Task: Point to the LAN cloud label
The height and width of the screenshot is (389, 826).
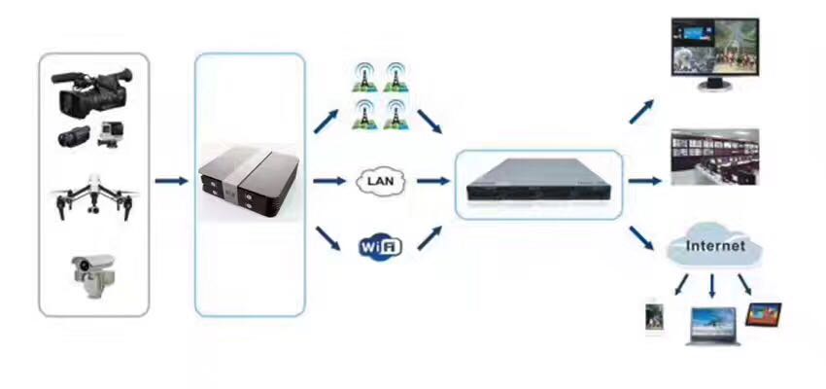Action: [x=380, y=181]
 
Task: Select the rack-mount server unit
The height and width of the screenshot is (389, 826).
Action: [x=537, y=184]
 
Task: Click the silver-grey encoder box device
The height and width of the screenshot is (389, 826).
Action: [x=249, y=183]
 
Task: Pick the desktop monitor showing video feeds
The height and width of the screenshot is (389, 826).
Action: [x=713, y=55]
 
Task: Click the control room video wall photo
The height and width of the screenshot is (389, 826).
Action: [x=714, y=158]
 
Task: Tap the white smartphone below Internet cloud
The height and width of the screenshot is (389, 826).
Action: [x=654, y=319]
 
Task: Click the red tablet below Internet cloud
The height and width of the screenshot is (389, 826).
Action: [x=763, y=314]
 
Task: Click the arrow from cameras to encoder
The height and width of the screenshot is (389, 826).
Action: [x=171, y=181]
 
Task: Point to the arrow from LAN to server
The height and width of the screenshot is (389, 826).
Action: [x=430, y=181]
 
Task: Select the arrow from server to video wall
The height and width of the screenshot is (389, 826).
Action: [x=644, y=181]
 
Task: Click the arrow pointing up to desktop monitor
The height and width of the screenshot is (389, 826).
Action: [x=640, y=109]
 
